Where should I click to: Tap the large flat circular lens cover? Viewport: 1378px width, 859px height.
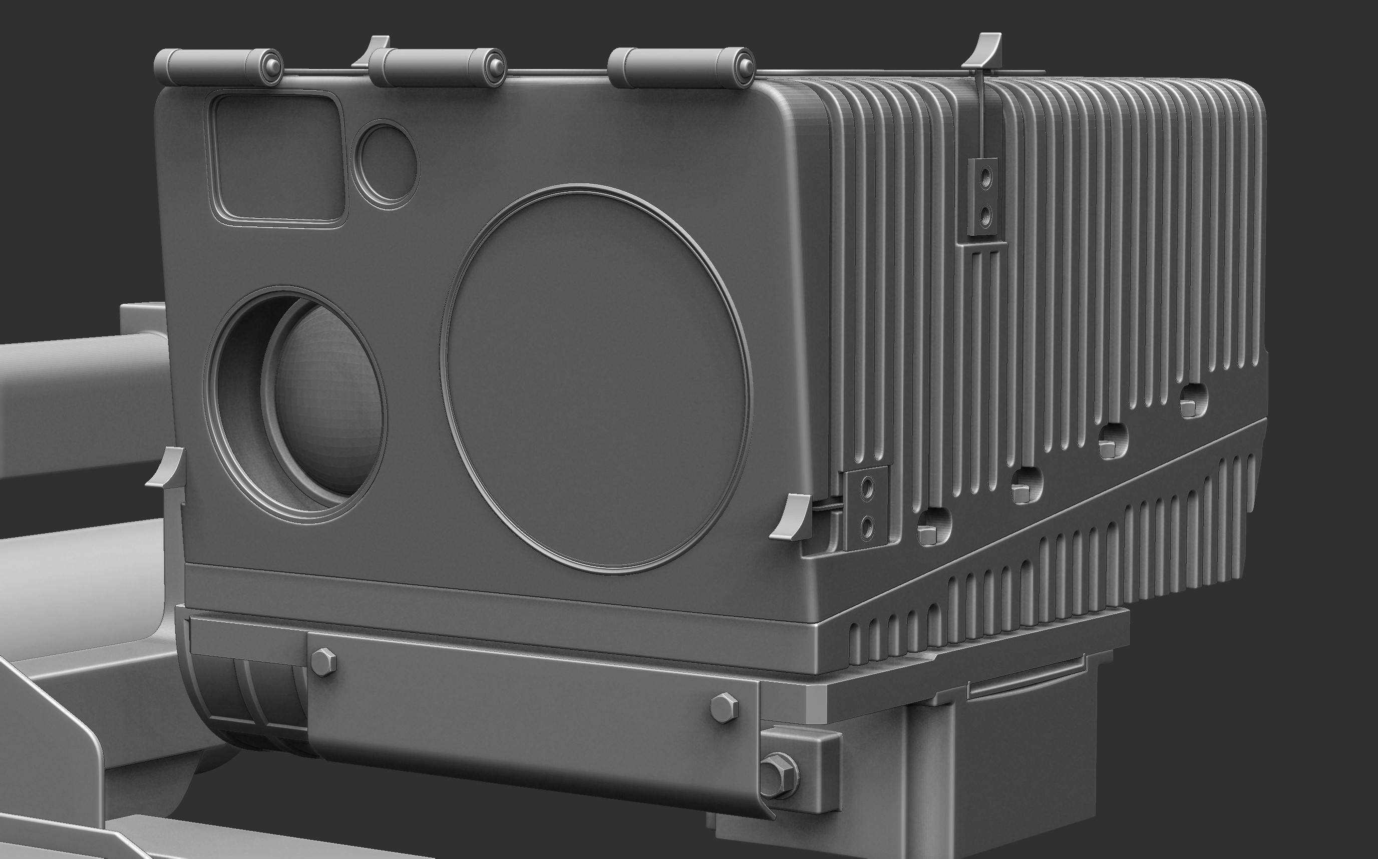(595, 378)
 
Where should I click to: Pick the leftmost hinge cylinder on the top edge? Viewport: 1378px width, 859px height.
(218, 67)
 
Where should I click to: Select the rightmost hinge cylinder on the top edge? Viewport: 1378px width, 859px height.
(680, 67)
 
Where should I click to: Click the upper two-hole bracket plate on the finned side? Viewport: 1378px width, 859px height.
(983, 197)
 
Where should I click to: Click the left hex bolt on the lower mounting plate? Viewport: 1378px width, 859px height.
(323, 661)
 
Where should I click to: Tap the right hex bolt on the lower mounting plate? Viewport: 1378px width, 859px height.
(724, 708)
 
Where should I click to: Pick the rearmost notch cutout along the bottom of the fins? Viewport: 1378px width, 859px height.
(1193, 401)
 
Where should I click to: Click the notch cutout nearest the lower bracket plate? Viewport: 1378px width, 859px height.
(932, 527)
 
